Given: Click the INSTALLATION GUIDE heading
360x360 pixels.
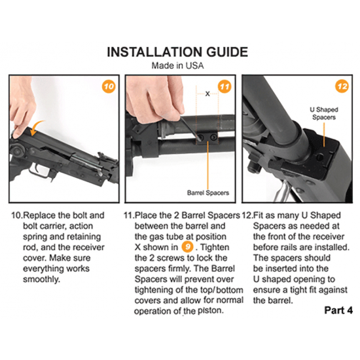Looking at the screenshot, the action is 177,52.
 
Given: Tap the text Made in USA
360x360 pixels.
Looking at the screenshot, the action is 177,65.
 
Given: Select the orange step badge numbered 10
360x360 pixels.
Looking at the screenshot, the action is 109,86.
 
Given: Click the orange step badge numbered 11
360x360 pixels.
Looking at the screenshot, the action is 225,86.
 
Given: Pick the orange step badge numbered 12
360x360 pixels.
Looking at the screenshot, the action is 342,86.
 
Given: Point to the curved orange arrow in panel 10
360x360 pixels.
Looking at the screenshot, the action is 35,127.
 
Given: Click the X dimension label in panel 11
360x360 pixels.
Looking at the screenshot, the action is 207,94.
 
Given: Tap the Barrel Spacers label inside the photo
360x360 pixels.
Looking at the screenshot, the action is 208,192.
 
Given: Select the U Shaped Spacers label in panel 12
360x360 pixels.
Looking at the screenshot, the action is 324,113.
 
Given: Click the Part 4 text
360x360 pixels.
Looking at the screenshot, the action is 338,310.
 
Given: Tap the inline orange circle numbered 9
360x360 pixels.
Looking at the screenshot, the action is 188,247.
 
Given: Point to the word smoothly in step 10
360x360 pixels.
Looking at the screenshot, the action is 41,279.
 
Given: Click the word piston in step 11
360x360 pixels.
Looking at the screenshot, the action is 211,310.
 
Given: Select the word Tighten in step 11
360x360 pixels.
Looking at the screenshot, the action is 215,247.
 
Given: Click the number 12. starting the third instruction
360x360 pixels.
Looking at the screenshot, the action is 247,215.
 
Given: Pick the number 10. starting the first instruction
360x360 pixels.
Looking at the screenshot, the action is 17,215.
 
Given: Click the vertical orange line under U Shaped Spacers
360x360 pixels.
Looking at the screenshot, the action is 324,135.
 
